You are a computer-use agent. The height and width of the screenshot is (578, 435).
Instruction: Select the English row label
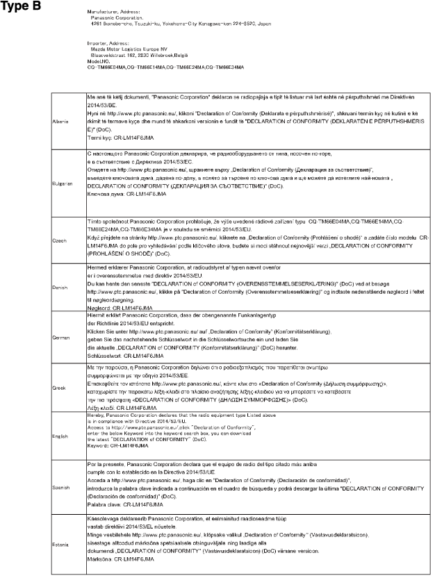pyautogui.click(x=60, y=436)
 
